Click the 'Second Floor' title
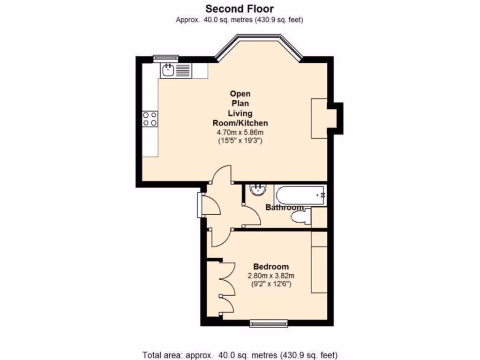(x=240, y=8)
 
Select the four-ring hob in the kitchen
(x=150, y=118)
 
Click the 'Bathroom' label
(x=285, y=207)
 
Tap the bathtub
(x=300, y=195)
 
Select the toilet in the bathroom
(x=300, y=217)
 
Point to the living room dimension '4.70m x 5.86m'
(x=240, y=132)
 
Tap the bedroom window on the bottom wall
(x=268, y=322)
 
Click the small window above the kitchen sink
(x=166, y=58)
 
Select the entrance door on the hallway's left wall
(x=201, y=205)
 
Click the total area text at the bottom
(x=240, y=355)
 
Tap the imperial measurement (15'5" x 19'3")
(x=240, y=140)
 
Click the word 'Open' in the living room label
(x=240, y=93)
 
